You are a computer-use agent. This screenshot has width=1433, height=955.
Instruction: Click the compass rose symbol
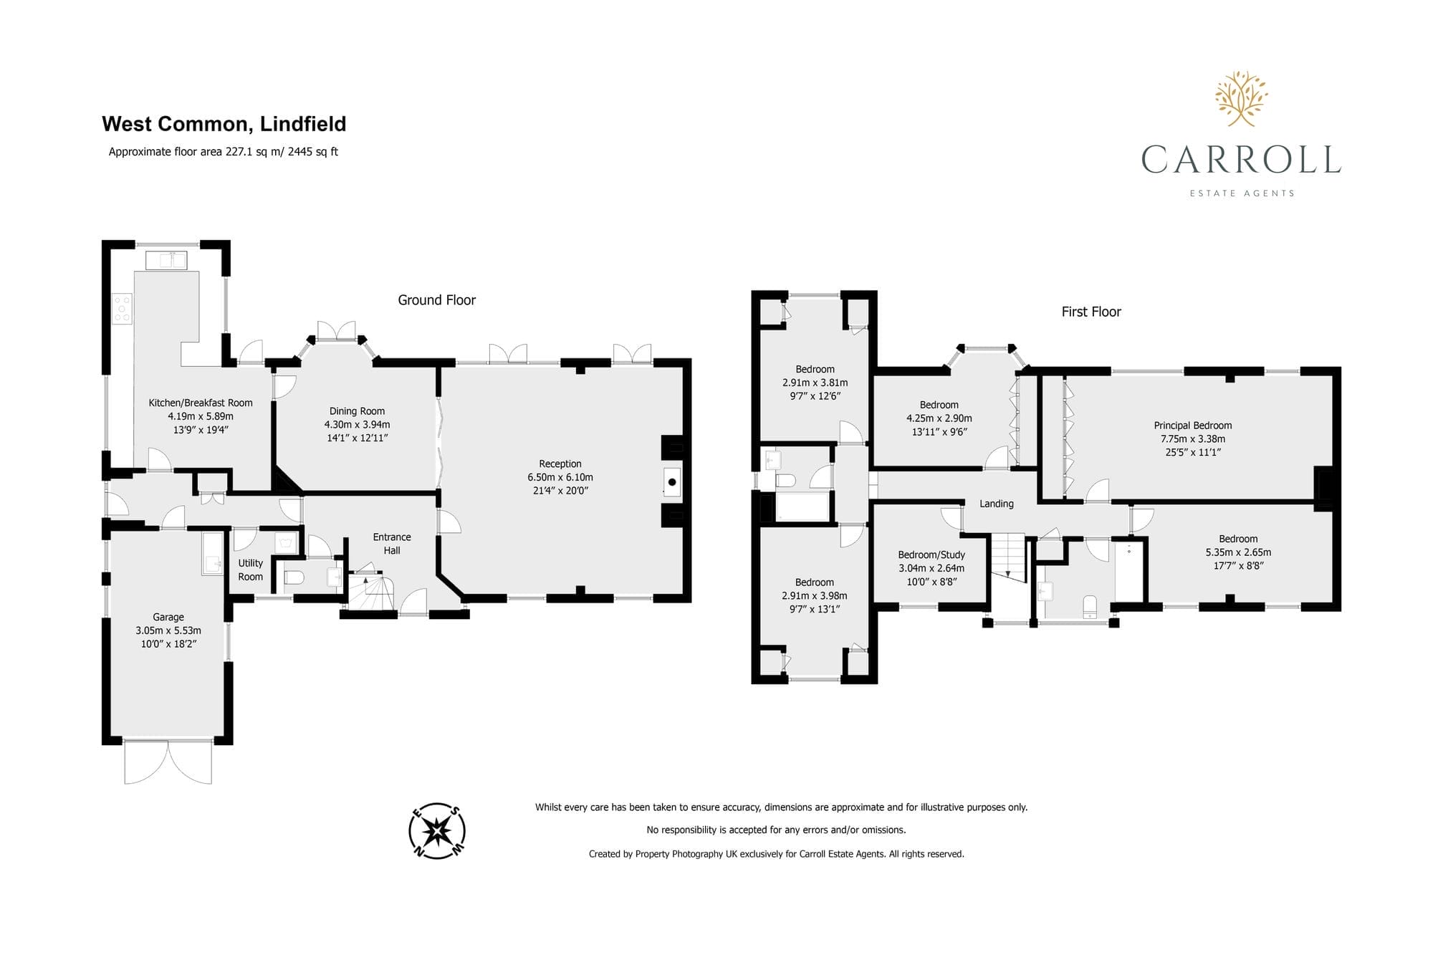[x=437, y=831]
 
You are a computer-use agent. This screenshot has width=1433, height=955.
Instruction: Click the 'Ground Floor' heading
[x=437, y=300]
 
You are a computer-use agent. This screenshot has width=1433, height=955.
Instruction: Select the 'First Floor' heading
[x=1091, y=312]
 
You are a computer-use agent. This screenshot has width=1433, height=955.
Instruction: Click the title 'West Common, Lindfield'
[x=224, y=124]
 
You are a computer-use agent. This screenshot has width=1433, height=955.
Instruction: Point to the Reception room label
[x=560, y=464]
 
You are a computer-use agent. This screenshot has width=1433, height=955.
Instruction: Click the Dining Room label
[x=357, y=411]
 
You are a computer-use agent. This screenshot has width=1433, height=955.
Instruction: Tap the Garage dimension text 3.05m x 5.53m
[x=168, y=630]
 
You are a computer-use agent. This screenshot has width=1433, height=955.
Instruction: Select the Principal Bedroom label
[x=1193, y=426]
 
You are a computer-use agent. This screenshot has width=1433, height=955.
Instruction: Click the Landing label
[x=997, y=504]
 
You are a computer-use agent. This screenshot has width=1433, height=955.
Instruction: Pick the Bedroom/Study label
[x=931, y=555]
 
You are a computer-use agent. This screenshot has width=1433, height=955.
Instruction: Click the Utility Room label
[x=251, y=570]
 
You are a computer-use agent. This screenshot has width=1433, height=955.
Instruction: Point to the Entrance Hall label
[x=392, y=544]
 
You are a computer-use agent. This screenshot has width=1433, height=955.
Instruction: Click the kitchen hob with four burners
[x=123, y=309]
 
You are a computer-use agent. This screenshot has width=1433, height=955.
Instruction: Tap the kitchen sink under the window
[x=166, y=260]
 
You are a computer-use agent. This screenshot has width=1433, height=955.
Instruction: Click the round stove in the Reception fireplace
[x=672, y=483]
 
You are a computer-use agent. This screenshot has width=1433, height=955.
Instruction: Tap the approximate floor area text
[x=223, y=152]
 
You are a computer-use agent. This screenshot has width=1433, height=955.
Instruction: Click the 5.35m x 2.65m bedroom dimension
[x=1238, y=552]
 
